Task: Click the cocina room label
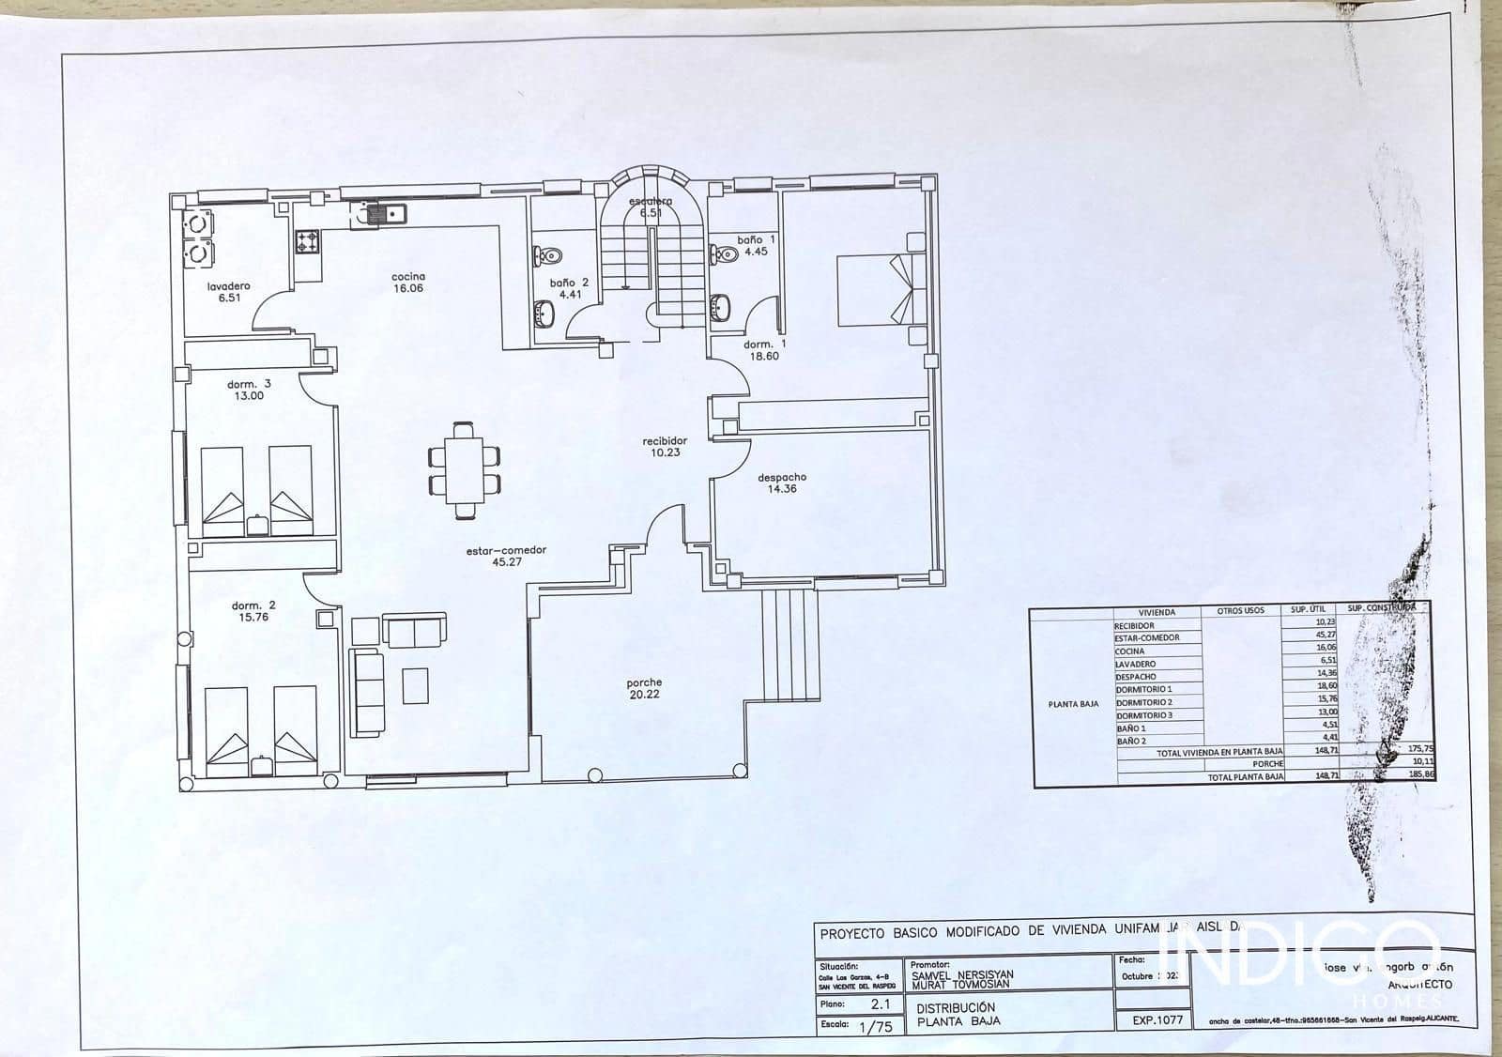[x=408, y=277]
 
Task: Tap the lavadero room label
[x=229, y=285]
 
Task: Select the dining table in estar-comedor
[x=464, y=469]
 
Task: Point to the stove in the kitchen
[x=307, y=242]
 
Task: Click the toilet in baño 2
[x=548, y=255]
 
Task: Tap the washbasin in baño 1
[x=721, y=307]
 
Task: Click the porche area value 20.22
[x=644, y=695]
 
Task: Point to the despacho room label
[x=782, y=477]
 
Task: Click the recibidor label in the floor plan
[x=665, y=440]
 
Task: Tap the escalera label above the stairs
[x=651, y=201]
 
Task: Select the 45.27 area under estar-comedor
[x=506, y=562]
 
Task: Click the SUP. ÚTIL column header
[x=1309, y=610]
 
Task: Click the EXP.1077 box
[x=1157, y=1019]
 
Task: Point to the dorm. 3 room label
[x=249, y=384]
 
